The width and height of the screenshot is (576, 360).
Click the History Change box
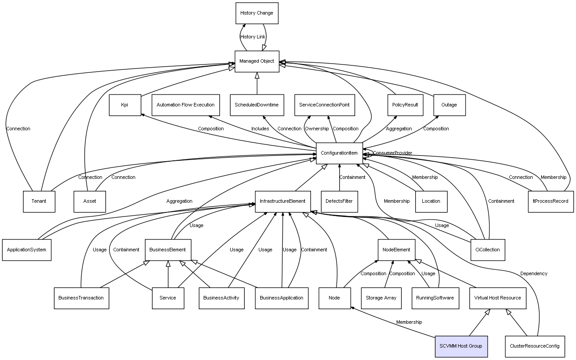click(257, 13)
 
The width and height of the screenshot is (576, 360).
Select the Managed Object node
click(257, 61)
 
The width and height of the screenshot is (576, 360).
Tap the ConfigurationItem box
click(339, 153)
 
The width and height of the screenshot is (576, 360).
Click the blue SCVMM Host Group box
click(461, 346)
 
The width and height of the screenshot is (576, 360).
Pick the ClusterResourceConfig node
click(534, 346)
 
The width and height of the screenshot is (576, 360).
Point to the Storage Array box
click(381, 298)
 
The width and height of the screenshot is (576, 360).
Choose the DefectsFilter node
click(339, 201)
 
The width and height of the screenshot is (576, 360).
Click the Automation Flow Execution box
click(186, 105)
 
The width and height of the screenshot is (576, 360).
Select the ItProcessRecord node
click(550, 201)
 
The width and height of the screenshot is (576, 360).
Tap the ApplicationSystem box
click(27, 250)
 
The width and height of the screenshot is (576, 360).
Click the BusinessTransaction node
click(81, 298)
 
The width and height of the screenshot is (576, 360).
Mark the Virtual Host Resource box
click(497, 298)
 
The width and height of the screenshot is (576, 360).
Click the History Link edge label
click(253, 37)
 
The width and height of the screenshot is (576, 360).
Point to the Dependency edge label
click(534, 273)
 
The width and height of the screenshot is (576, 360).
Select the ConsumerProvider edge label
click(392, 153)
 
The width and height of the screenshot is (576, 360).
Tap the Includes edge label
click(260, 129)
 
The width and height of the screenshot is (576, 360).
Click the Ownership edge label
click(317, 129)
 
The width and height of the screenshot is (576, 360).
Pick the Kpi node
click(125, 105)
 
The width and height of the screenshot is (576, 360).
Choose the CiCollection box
click(488, 250)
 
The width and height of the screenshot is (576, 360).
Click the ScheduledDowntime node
click(257, 105)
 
